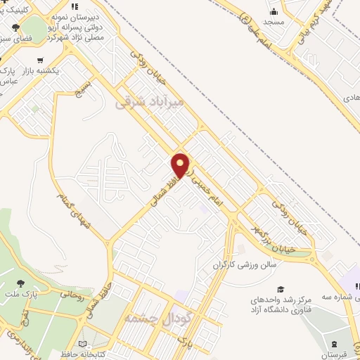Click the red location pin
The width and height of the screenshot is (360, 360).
[181, 165]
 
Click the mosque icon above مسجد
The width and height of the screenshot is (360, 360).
[274, 12]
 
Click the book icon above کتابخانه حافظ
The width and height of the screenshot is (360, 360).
[84, 345]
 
